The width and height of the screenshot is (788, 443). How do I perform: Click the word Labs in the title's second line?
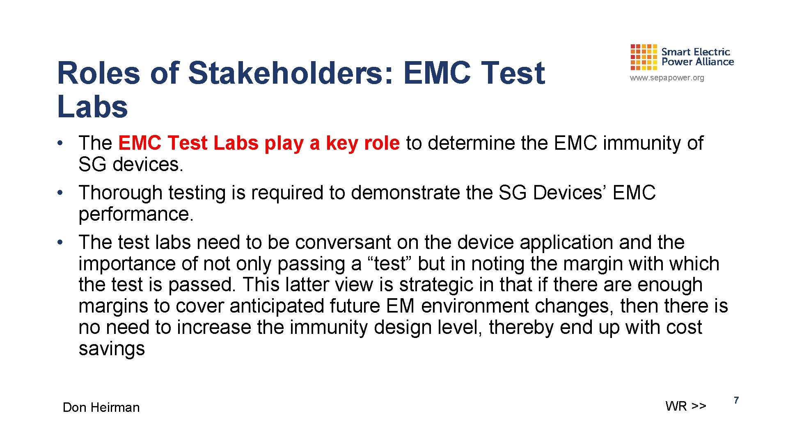(x=92, y=107)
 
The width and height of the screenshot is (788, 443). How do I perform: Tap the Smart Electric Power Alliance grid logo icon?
(x=644, y=57)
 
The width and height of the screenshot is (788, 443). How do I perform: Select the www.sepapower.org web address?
(x=667, y=78)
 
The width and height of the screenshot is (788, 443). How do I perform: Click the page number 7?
(x=736, y=400)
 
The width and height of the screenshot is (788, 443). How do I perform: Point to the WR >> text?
(x=686, y=406)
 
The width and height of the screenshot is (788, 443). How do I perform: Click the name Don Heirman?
(x=101, y=407)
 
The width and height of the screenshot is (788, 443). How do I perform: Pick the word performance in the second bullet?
(x=135, y=214)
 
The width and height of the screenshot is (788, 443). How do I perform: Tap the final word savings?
(x=112, y=349)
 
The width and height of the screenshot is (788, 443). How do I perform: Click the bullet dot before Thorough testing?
(x=60, y=193)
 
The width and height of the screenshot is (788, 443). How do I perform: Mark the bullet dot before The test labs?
(x=60, y=242)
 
